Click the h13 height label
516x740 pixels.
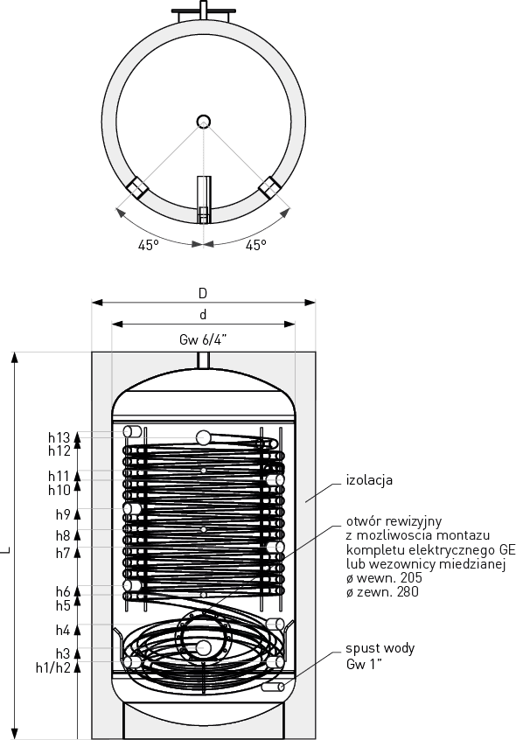(x=59, y=437)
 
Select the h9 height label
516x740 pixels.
(x=63, y=514)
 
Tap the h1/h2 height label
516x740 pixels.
(x=52, y=667)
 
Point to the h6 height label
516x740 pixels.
(x=63, y=591)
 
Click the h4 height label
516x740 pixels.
(x=63, y=630)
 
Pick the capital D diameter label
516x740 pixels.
(x=203, y=294)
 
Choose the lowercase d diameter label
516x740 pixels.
(x=203, y=314)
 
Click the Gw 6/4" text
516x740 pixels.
(x=203, y=339)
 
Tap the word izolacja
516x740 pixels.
(x=369, y=480)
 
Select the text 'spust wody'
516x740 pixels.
(x=380, y=648)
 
